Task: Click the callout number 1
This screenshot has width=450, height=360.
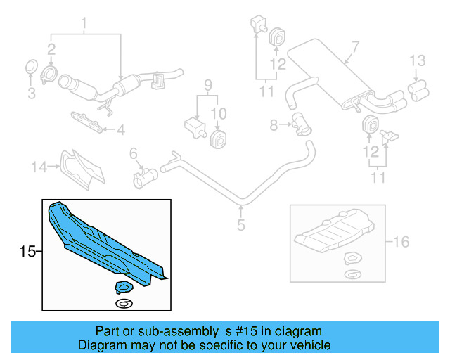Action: (84, 27)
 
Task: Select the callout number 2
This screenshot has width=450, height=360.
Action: (51, 49)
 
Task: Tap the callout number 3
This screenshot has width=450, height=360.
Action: (31, 93)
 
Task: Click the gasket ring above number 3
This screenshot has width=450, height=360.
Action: (32, 68)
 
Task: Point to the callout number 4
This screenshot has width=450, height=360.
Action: (121, 129)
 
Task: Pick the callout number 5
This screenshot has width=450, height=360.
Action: (240, 226)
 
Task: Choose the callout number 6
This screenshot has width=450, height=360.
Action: (133, 153)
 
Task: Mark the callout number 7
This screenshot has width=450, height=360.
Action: (355, 47)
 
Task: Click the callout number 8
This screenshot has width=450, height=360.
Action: (274, 125)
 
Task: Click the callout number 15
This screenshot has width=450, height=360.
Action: (27, 251)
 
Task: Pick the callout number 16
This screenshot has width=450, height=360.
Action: (401, 243)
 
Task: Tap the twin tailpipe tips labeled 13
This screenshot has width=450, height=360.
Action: (418, 87)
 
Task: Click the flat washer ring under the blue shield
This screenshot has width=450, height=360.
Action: (124, 303)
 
